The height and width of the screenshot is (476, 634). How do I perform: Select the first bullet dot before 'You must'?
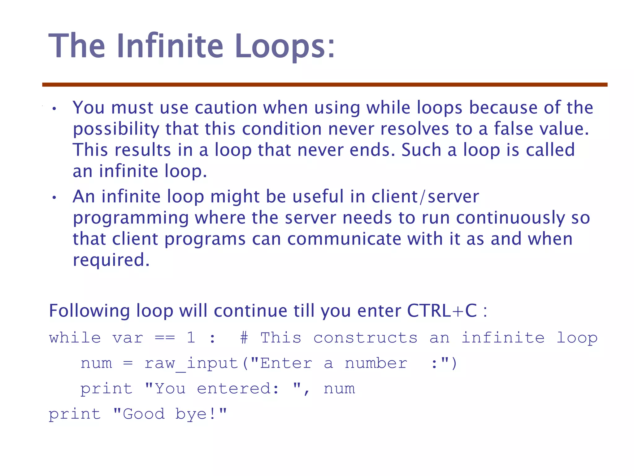(54, 109)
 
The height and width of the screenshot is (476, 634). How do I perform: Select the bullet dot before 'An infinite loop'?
(54, 197)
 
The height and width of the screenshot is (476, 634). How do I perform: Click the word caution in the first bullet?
(226, 108)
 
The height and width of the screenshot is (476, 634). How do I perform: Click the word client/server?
(425, 196)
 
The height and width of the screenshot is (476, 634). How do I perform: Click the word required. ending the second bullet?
(111, 260)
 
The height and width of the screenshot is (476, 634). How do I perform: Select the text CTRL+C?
(442, 311)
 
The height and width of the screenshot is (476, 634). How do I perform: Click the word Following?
(89, 311)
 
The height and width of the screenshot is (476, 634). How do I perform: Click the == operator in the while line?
(165, 338)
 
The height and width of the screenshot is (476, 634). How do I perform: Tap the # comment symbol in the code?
(244, 338)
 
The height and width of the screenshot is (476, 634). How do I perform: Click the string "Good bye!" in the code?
(170, 414)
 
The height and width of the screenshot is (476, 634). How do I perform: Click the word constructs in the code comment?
(365, 338)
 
